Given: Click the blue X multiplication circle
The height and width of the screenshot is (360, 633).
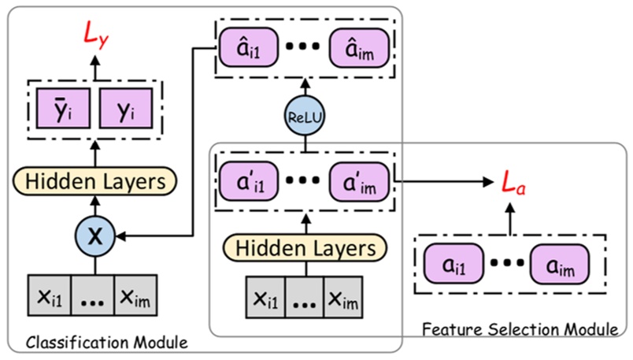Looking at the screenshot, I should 95,234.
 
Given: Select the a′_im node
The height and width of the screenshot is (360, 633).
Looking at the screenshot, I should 359,181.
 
